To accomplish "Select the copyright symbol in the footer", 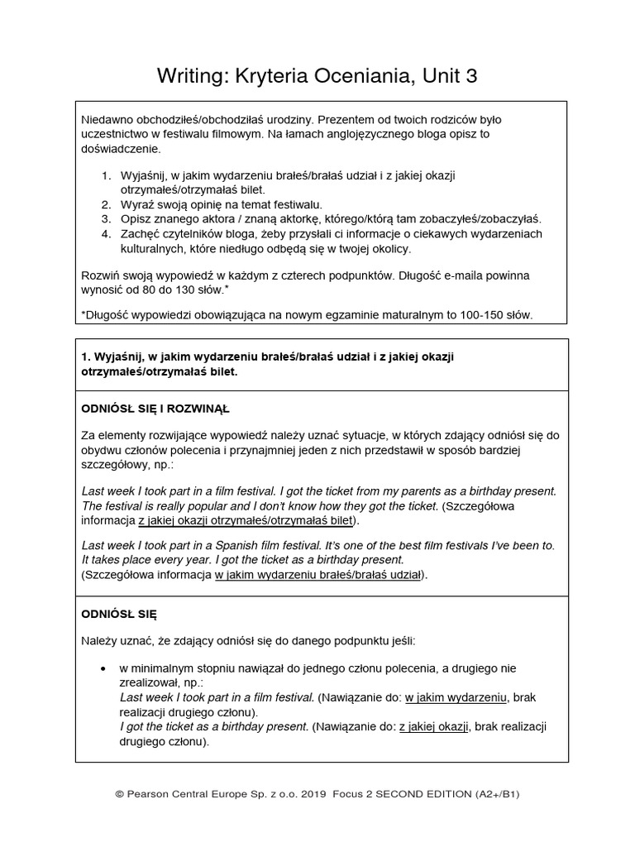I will tap(120, 794).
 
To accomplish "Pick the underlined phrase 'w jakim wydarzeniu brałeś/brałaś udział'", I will tap(318, 574).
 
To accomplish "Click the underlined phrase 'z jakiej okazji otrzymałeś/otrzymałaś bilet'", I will tap(246, 520).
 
